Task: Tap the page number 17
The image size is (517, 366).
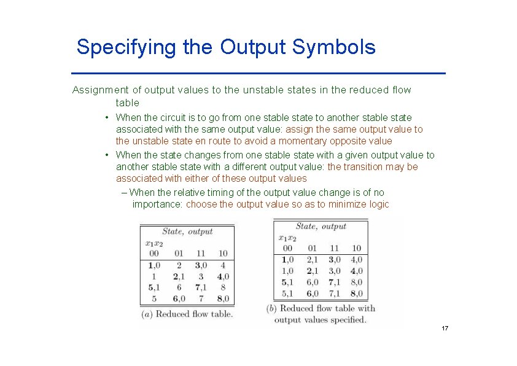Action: pyautogui.click(x=445, y=329)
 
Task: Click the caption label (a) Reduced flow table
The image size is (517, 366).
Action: pyautogui.click(x=187, y=314)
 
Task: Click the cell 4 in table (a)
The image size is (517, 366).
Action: pyautogui.click(x=223, y=266)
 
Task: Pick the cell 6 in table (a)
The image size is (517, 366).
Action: pyautogui.click(x=179, y=287)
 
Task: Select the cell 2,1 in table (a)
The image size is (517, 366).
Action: pyautogui.click(x=178, y=276)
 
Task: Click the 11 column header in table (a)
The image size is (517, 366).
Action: pyautogui.click(x=200, y=254)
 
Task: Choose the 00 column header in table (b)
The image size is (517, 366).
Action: pyautogui.click(x=287, y=248)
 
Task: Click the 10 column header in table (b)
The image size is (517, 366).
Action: pyautogui.click(x=356, y=248)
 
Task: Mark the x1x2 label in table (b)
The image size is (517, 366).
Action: pyautogui.click(x=287, y=238)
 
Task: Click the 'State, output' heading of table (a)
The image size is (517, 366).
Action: pyautogui.click(x=187, y=232)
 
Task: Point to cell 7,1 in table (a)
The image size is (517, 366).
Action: pyautogui.click(x=200, y=287)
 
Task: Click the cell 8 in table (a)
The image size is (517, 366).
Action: pyautogui.click(x=223, y=287)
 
